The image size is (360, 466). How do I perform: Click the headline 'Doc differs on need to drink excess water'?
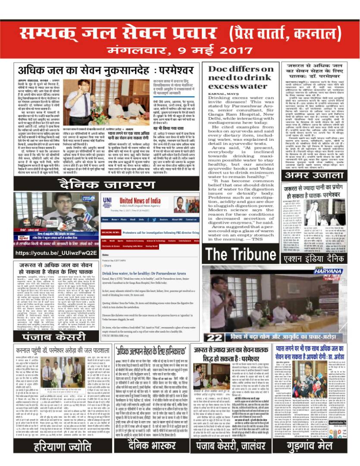[238, 79]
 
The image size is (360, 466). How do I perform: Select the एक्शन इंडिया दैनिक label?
[313, 258]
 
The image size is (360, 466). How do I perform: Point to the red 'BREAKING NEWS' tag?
[110, 232]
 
